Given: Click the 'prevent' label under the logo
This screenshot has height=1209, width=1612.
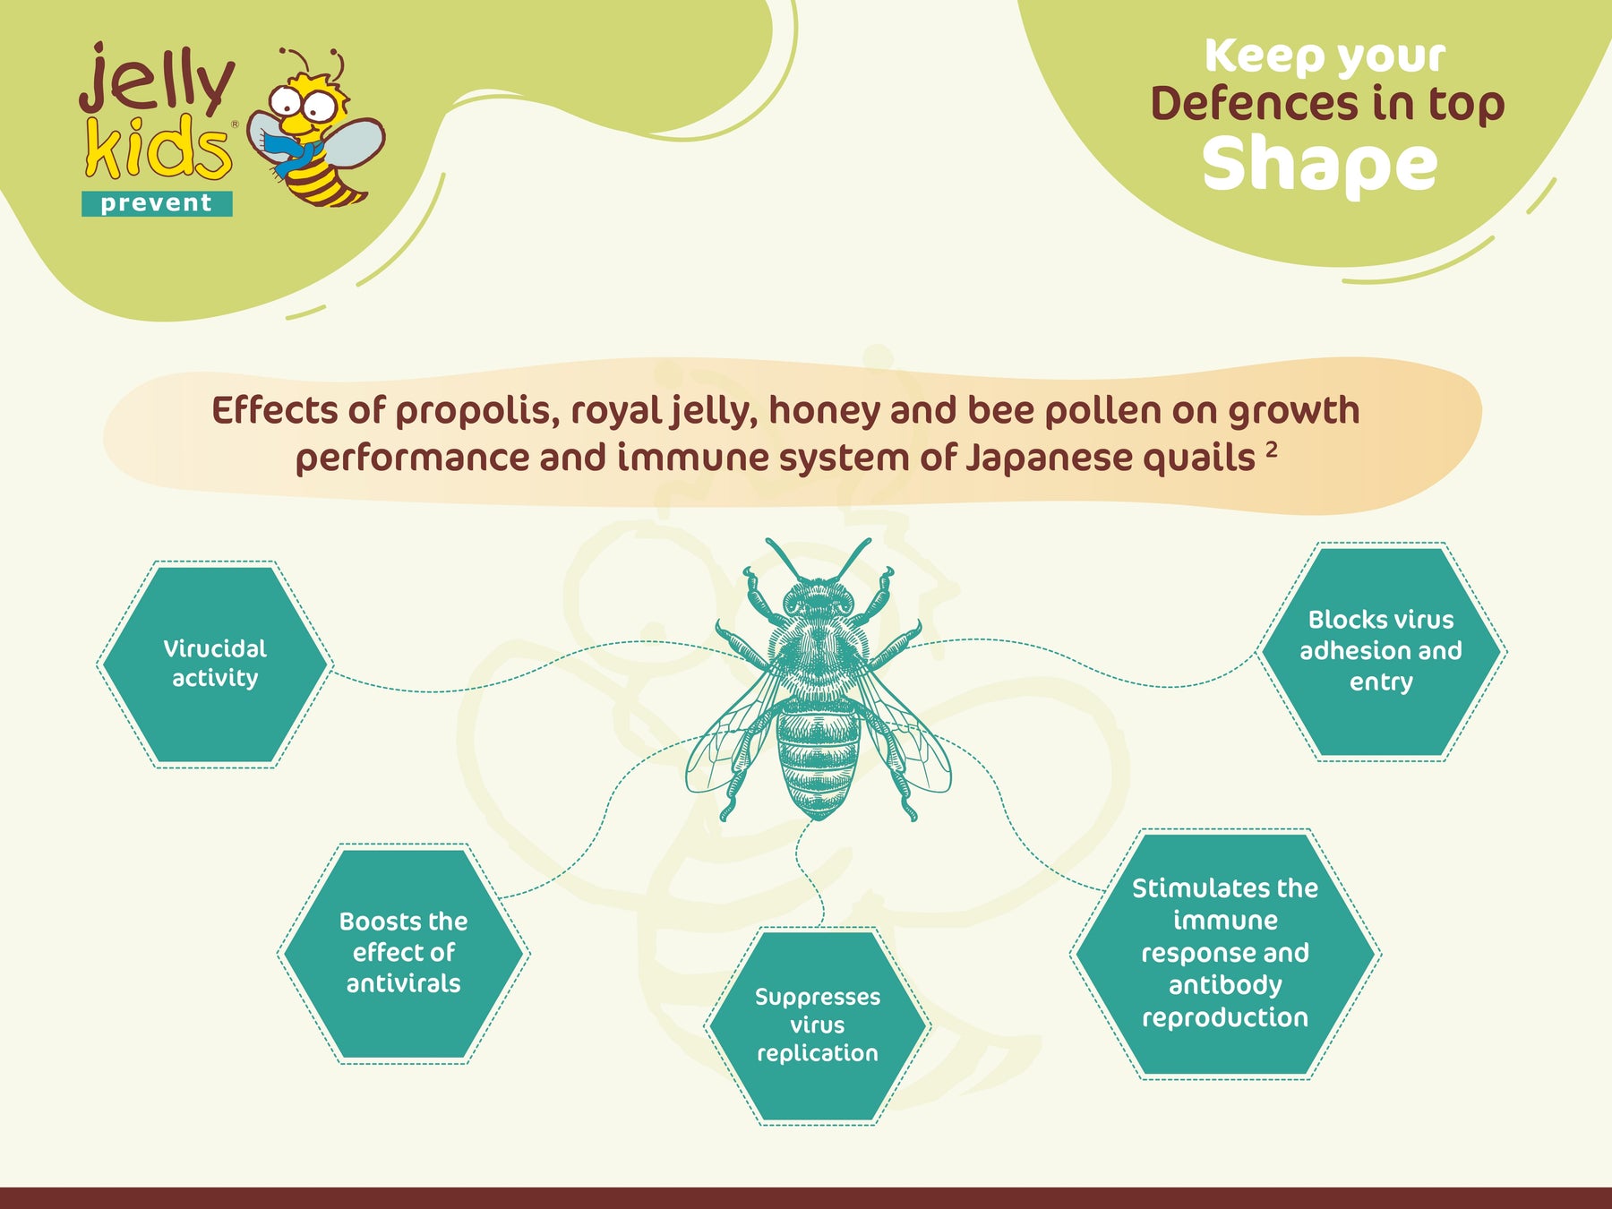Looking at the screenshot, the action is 157,203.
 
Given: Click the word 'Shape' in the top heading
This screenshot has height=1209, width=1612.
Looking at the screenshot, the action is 1320,165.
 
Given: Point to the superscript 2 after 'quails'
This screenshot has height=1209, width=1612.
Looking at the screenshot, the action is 1272,448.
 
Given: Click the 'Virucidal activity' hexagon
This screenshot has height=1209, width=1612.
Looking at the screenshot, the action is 215,664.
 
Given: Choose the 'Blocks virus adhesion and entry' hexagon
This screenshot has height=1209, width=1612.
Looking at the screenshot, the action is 1381,651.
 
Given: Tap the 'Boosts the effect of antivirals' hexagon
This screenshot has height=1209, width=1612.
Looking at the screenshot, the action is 403,953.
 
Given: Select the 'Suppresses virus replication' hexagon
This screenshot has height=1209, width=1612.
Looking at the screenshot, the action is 817,1025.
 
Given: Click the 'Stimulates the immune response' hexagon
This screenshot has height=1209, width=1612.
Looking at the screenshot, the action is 1225,953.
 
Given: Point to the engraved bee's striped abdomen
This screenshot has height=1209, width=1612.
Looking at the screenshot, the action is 817,758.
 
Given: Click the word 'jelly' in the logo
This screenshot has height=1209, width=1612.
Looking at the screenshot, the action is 157,79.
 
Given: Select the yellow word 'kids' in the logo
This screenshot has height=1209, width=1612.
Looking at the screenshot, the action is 159,147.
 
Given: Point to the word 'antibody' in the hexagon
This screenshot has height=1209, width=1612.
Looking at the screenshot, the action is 1225,985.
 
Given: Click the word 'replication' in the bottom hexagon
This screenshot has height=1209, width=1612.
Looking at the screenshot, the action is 818,1054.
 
